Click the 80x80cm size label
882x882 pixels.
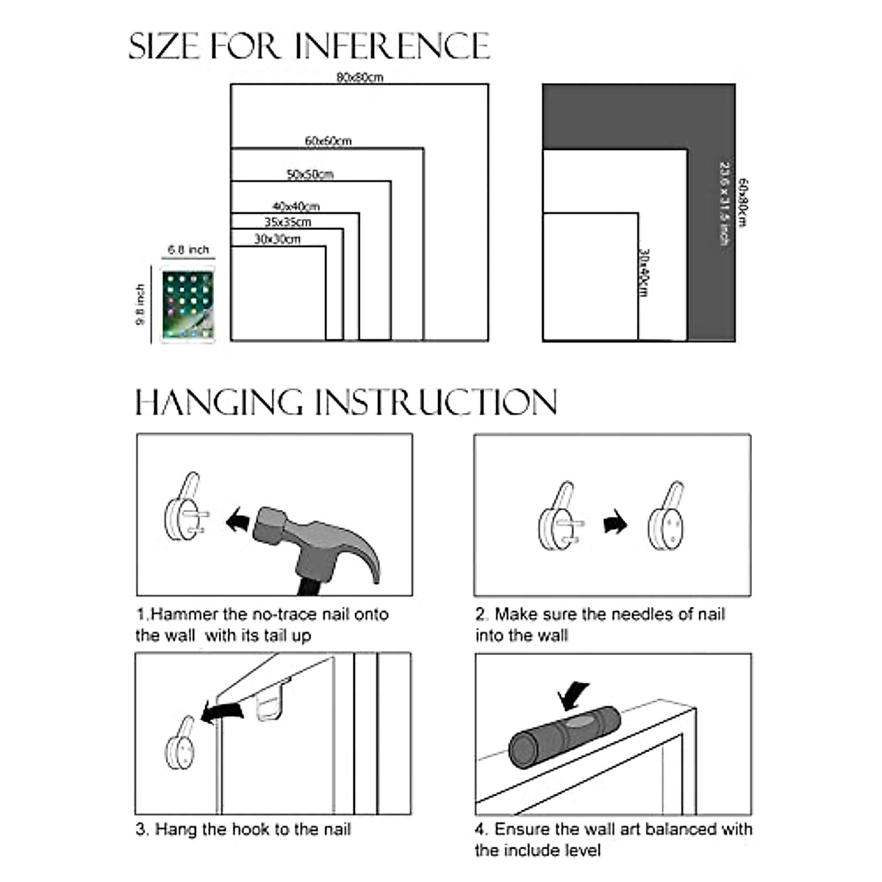tap(359, 76)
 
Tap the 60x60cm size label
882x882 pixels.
tap(328, 140)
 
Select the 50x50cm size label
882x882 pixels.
tap(309, 174)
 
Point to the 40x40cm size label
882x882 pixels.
tap(295, 207)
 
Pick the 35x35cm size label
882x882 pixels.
tap(287, 222)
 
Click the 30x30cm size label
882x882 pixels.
tap(277, 239)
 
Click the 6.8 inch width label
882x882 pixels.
tap(188, 250)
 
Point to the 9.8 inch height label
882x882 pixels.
tap(141, 305)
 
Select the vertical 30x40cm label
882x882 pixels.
tap(644, 272)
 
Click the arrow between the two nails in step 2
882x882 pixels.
tap(615, 524)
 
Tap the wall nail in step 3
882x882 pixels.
tap(181, 746)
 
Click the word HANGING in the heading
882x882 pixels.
tap(219, 403)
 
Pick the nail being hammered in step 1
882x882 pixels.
tap(184, 512)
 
